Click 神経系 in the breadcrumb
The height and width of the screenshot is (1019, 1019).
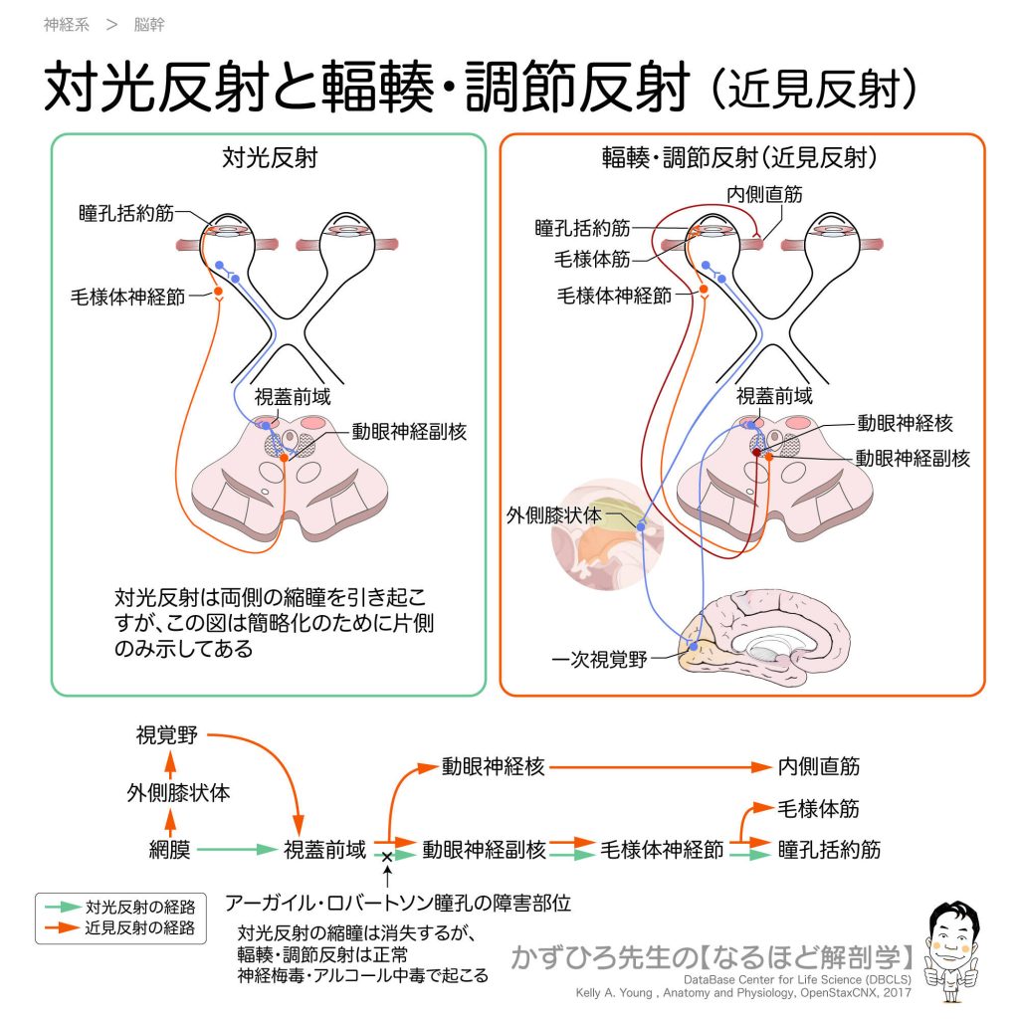(67, 25)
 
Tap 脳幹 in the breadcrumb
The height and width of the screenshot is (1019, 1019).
(149, 25)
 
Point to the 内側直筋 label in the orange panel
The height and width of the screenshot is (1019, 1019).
(762, 196)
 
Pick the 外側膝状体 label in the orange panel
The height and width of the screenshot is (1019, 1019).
(553, 515)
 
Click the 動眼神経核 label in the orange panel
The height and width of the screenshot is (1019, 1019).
(905, 424)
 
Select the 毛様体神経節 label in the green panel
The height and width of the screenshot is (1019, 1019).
(127, 297)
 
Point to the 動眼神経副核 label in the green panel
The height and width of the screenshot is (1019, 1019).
(408, 432)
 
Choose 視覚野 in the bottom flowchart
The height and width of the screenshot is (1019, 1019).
(167, 736)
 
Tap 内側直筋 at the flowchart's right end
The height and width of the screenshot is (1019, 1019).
(819, 767)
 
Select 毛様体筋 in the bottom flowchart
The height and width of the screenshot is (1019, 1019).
(819, 809)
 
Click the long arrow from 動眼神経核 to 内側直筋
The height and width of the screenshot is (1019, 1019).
(657, 768)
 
